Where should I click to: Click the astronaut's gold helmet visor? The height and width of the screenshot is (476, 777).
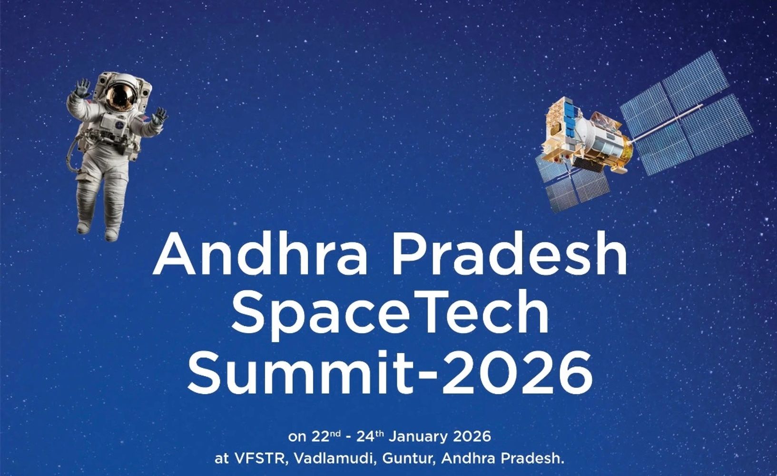pyautogui.click(x=121, y=96)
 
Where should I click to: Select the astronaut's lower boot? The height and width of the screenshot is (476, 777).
pyautogui.click(x=111, y=235)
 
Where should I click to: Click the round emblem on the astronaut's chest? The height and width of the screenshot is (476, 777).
pyautogui.click(x=120, y=125)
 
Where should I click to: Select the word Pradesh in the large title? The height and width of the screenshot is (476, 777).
pyautogui.click(x=509, y=254)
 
